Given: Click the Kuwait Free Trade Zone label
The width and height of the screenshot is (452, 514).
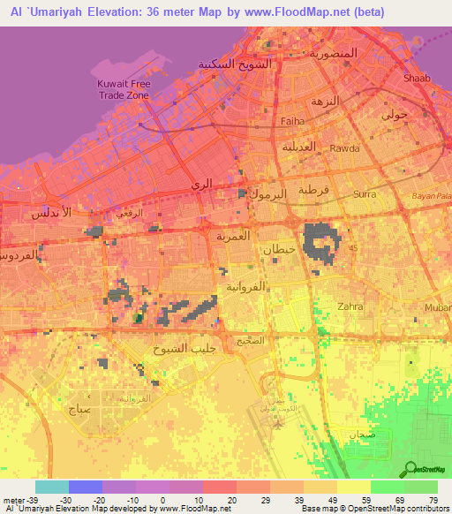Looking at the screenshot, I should pyautogui.click(x=118, y=89).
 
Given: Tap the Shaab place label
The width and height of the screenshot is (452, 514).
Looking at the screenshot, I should pyautogui.click(x=417, y=79).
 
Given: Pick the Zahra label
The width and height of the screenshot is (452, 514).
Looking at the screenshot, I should pyautogui.click(x=350, y=307).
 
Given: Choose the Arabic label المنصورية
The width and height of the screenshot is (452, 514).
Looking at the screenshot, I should pyautogui.click(x=333, y=53).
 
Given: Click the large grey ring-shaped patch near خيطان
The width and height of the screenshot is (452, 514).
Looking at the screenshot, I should pyautogui.click(x=320, y=241).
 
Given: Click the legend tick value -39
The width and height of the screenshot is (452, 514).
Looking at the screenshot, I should pyautogui.click(x=19, y=499).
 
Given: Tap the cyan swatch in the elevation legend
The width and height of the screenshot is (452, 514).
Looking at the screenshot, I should pyautogui.click(x=51, y=487).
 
